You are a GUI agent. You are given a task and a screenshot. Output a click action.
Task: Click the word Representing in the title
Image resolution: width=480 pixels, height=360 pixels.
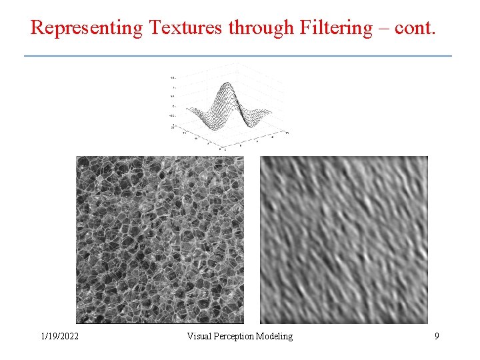[x=87, y=28]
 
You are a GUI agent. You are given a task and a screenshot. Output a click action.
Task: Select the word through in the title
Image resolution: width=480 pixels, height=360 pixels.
[x=260, y=28]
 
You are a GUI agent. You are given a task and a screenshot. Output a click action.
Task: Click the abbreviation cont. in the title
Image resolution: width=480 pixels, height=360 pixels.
[x=415, y=28]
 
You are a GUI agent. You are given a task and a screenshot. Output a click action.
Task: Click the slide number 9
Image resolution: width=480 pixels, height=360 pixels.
[x=437, y=337]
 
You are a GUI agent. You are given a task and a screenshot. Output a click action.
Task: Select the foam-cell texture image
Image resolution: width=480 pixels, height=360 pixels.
[x=160, y=240]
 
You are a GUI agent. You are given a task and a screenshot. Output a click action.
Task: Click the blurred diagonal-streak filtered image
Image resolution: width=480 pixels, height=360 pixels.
[x=343, y=240]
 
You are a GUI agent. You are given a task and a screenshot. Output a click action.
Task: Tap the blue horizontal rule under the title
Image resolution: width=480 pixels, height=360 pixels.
[x=238, y=55]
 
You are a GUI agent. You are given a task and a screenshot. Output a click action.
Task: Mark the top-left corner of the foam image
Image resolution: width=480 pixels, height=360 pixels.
[x=77, y=157]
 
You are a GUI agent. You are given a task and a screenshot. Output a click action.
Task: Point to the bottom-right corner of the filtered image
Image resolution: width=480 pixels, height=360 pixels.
[x=427, y=323]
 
